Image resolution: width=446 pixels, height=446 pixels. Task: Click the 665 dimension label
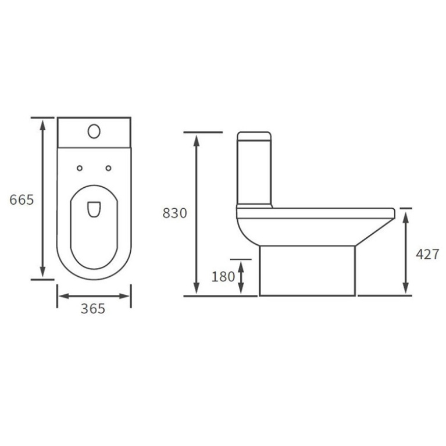pyautogui.click(x=22, y=199)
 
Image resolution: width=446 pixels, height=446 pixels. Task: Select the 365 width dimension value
pyautogui.click(x=93, y=309)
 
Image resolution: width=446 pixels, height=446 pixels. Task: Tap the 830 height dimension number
pyautogui.click(x=174, y=213)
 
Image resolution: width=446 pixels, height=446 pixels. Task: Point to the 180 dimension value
pyautogui.click(x=223, y=277)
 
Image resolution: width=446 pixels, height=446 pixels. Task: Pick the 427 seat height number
pyautogui.click(x=427, y=254)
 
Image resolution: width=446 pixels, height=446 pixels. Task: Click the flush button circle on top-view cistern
pyautogui.click(x=94, y=131)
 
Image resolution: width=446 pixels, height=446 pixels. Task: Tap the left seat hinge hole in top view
pyautogui.click(x=80, y=169)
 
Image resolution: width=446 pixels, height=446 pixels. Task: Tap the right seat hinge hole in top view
pyautogui.click(x=108, y=169)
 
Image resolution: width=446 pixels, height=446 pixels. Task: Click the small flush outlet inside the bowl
pyautogui.click(x=93, y=209)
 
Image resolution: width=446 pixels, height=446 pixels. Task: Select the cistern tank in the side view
pyautogui.click(x=254, y=172)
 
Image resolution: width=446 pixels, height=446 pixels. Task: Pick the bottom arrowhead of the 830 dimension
pyautogui.click(x=197, y=290)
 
